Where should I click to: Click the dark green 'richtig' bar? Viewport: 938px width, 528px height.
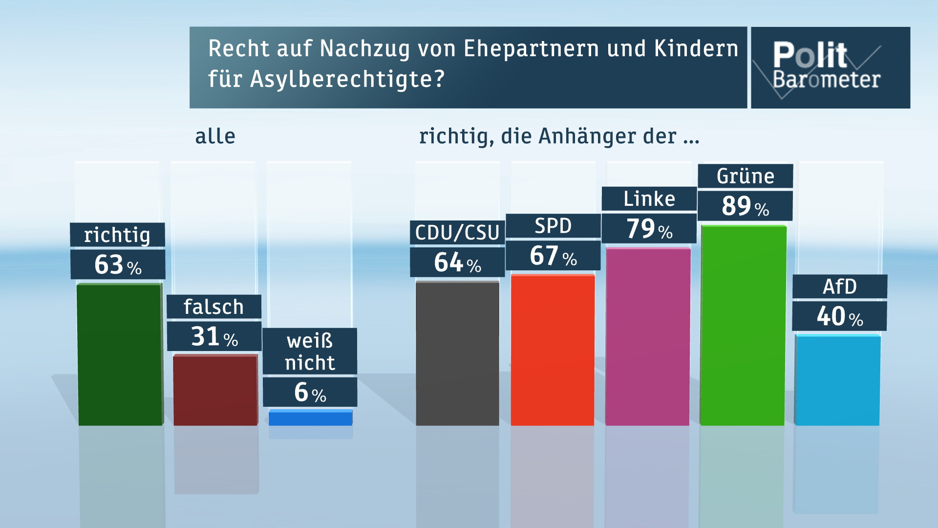click(120, 354)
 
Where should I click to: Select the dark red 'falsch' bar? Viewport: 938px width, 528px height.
click(215, 390)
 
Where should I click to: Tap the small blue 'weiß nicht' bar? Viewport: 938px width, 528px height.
click(310, 418)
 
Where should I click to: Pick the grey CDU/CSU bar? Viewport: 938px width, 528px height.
click(457, 353)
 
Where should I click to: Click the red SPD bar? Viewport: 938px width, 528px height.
click(553, 350)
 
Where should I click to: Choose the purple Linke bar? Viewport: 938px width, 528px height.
click(648, 336)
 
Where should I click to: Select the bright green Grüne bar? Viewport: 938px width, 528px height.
click(743, 325)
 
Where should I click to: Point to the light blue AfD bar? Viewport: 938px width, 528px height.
click(837, 380)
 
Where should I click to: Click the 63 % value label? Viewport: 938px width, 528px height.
click(118, 264)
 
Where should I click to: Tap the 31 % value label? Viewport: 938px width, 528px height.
click(214, 336)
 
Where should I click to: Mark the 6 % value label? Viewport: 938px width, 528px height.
click(310, 392)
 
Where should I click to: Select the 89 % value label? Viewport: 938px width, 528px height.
click(745, 206)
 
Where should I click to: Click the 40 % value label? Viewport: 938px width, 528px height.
click(839, 316)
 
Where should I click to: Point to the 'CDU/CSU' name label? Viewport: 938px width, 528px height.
click(457, 233)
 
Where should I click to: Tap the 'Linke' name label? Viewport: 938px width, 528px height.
click(649, 199)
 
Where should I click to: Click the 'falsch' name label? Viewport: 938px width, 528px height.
click(213, 307)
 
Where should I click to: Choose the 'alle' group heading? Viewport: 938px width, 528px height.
click(215, 136)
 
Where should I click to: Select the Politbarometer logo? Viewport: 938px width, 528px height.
click(830, 67)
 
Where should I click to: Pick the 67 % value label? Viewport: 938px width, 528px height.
click(553, 256)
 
